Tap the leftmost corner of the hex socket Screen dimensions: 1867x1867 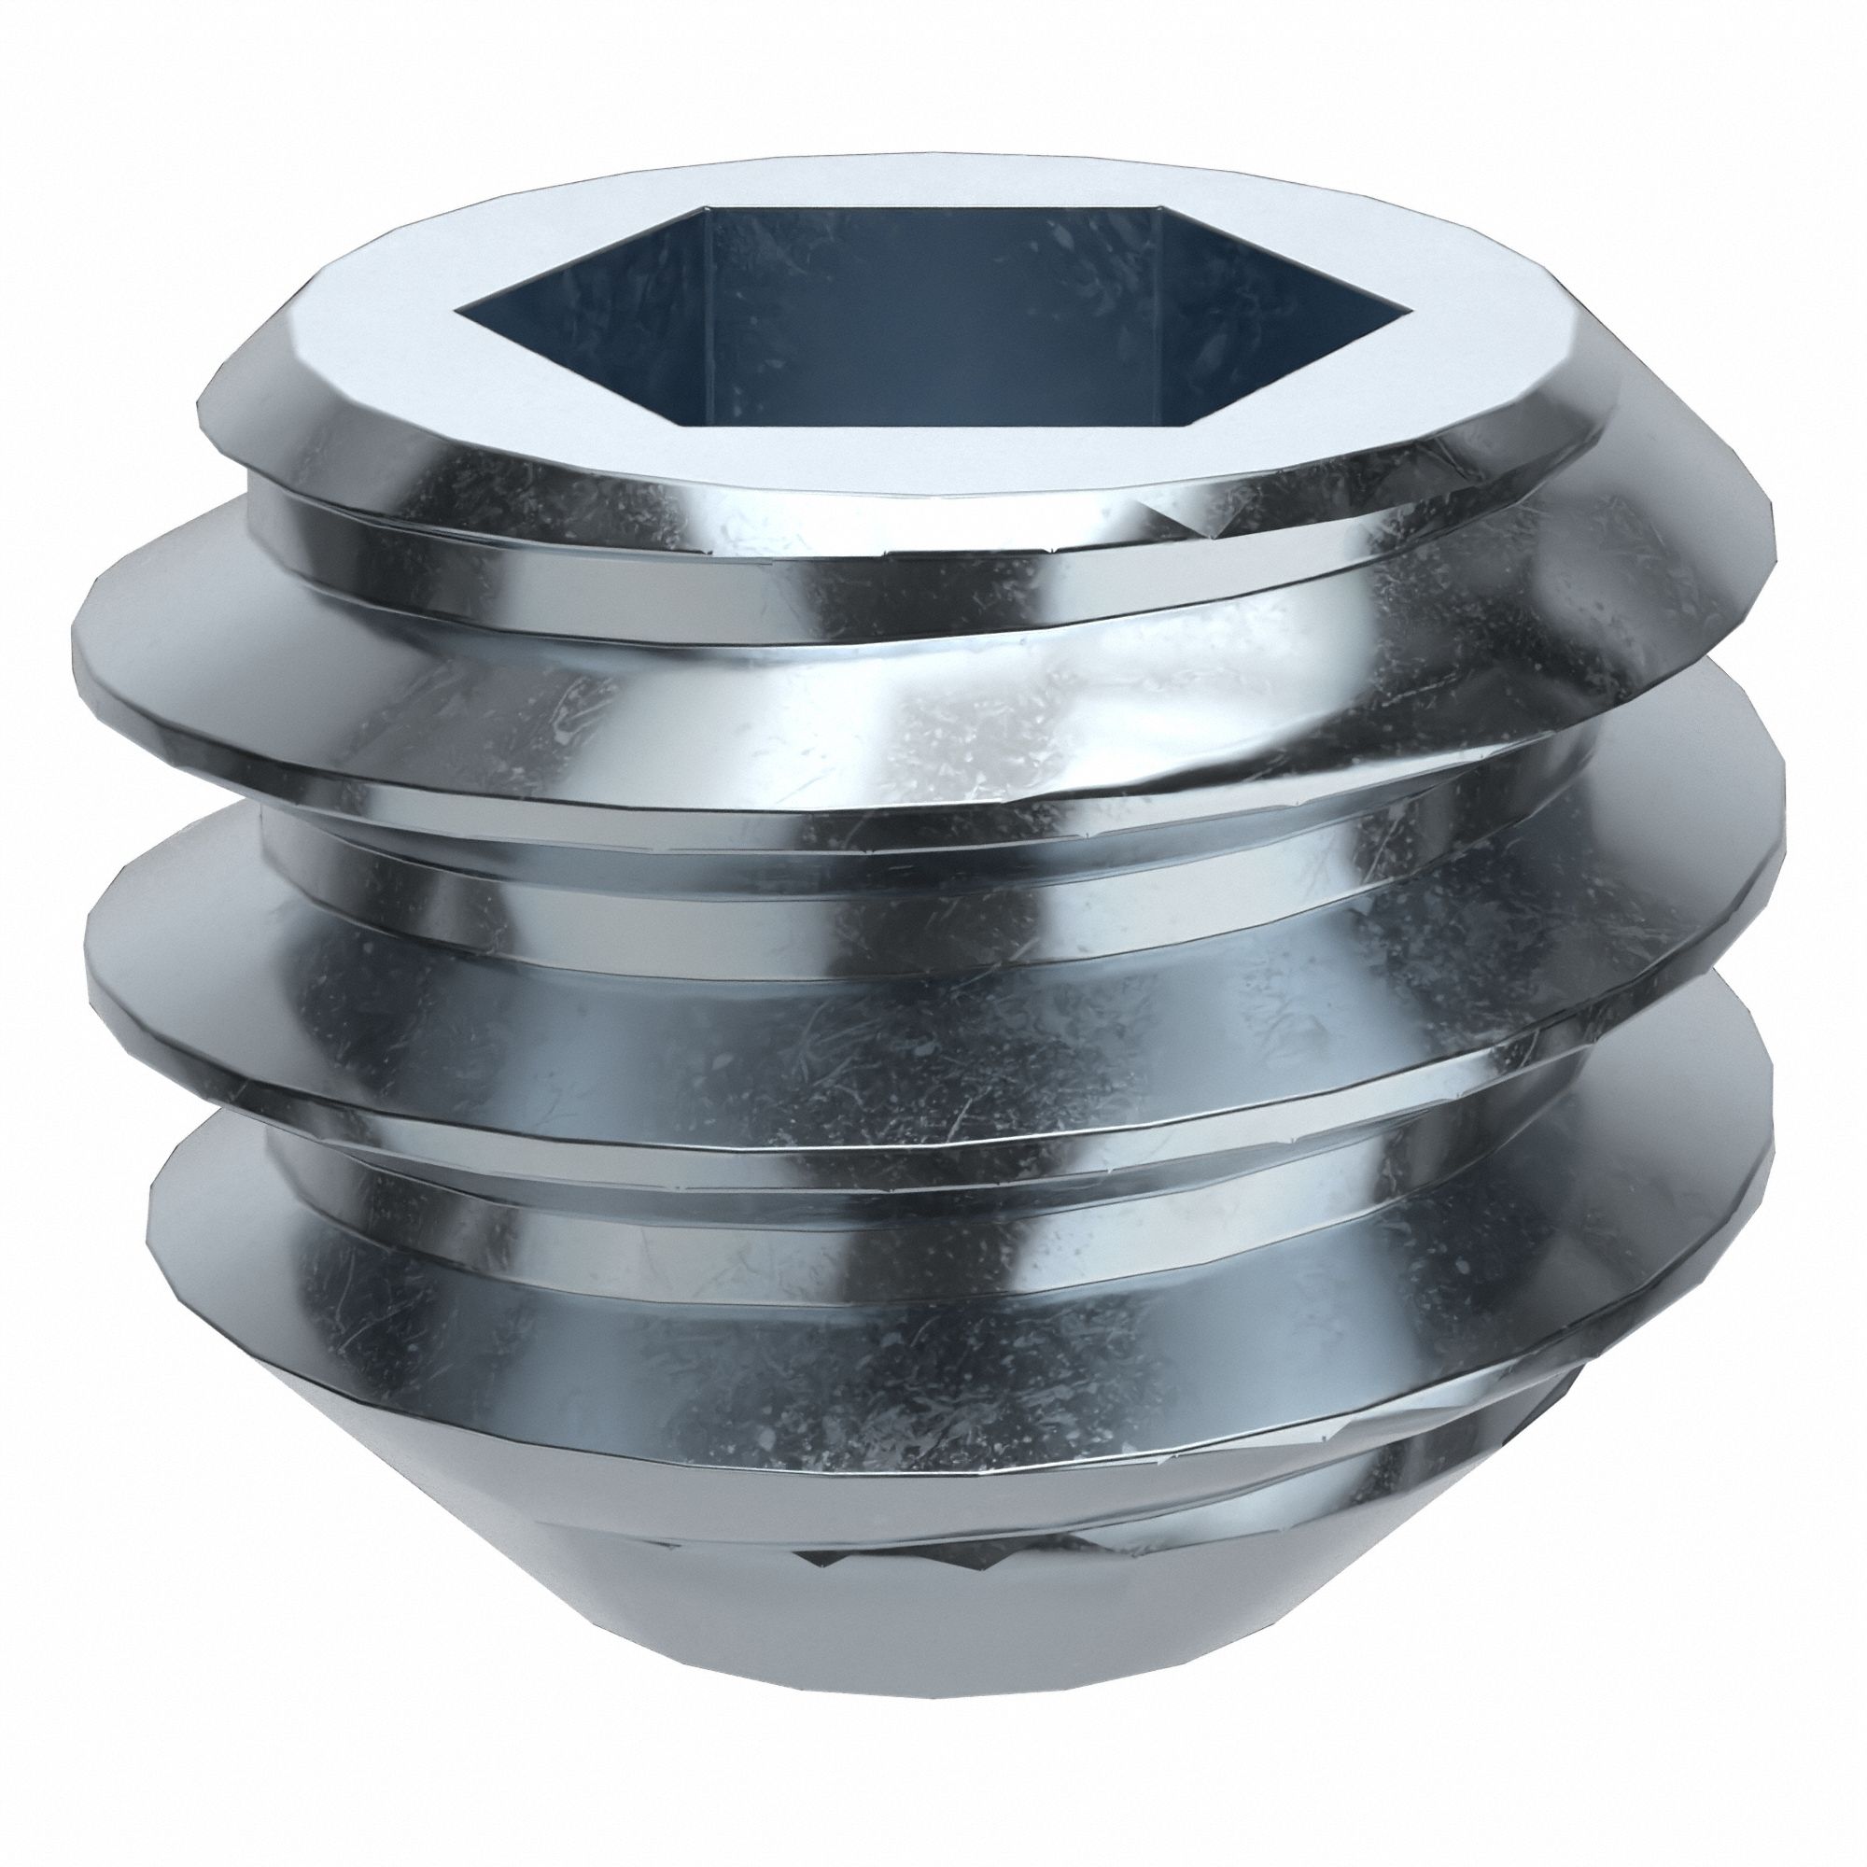[x=457, y=313]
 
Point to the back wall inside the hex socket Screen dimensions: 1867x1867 [x=928, y=290]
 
